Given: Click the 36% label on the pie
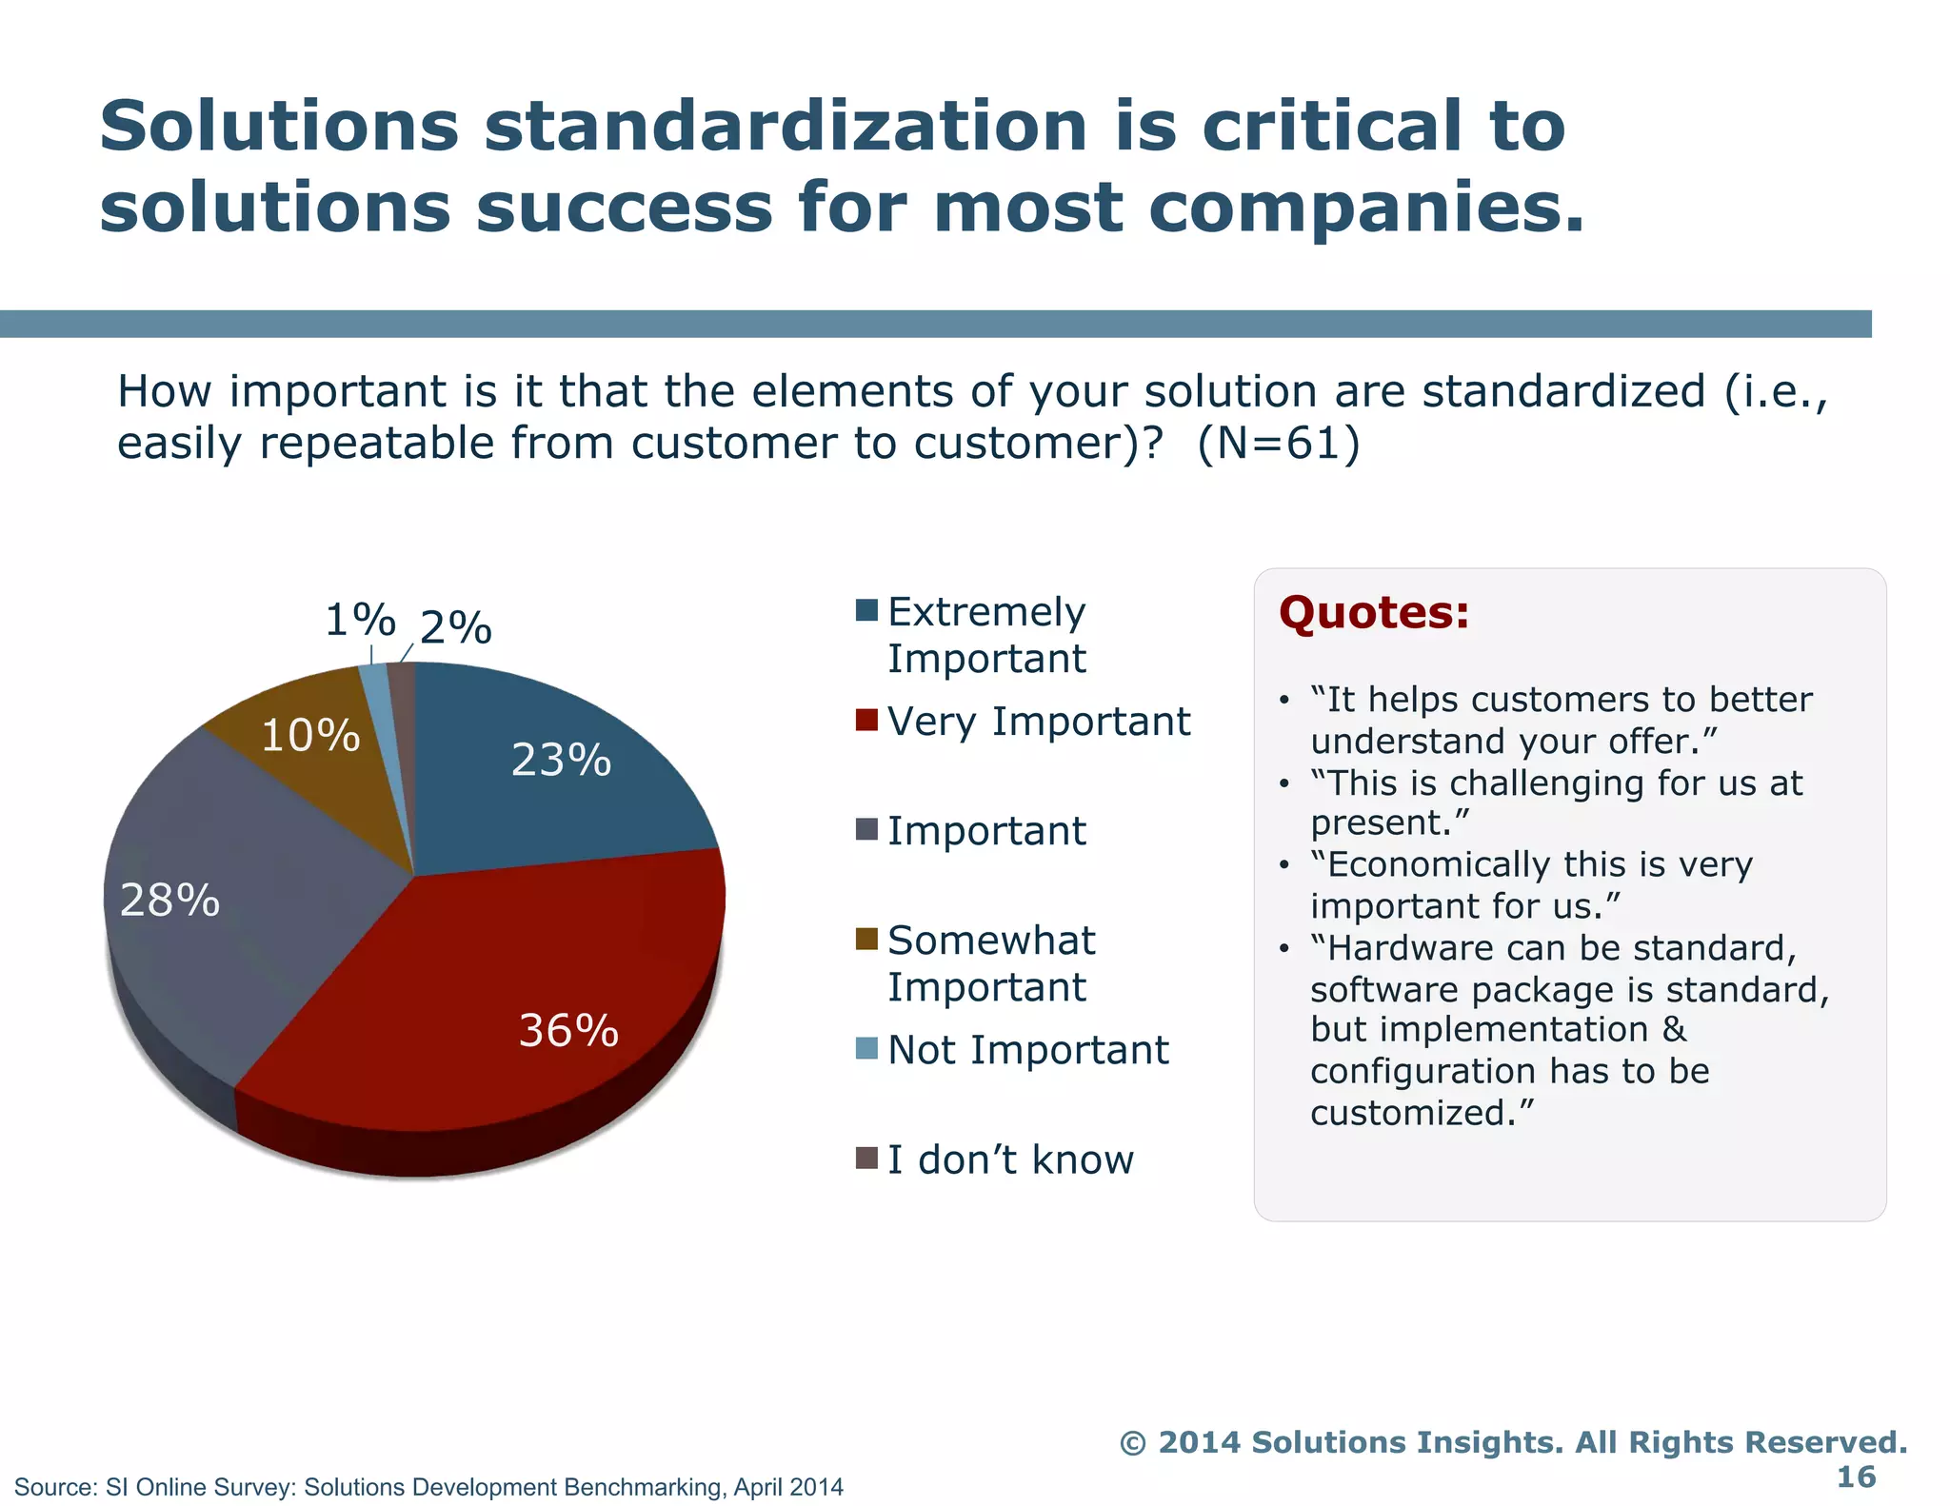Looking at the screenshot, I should tap(568, 1031).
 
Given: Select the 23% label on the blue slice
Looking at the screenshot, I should tap(561, 760).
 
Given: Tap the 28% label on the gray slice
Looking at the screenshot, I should tap(169, 901).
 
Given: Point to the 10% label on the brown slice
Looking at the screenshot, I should tap(310, 736).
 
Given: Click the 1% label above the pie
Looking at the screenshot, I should tap(360, 621).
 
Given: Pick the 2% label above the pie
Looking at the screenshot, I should tap(456, 628).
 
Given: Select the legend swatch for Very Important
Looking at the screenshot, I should tap(866, 720).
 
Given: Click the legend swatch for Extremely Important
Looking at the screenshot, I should tap(866, 610).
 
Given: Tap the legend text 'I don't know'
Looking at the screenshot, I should tap(1010, 1159).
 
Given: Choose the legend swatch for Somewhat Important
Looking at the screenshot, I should tap(866, 939).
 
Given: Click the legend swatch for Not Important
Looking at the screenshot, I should tap(866, 1048).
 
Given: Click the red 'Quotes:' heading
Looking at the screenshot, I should tap(1374, 612).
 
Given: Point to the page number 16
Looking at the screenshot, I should tap(1855, 1476).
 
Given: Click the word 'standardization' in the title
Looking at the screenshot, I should tap(786, 127).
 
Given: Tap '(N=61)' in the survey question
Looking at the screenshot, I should tap(1278, 444).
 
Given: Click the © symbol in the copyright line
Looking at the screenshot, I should tap(1132, 1443).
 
